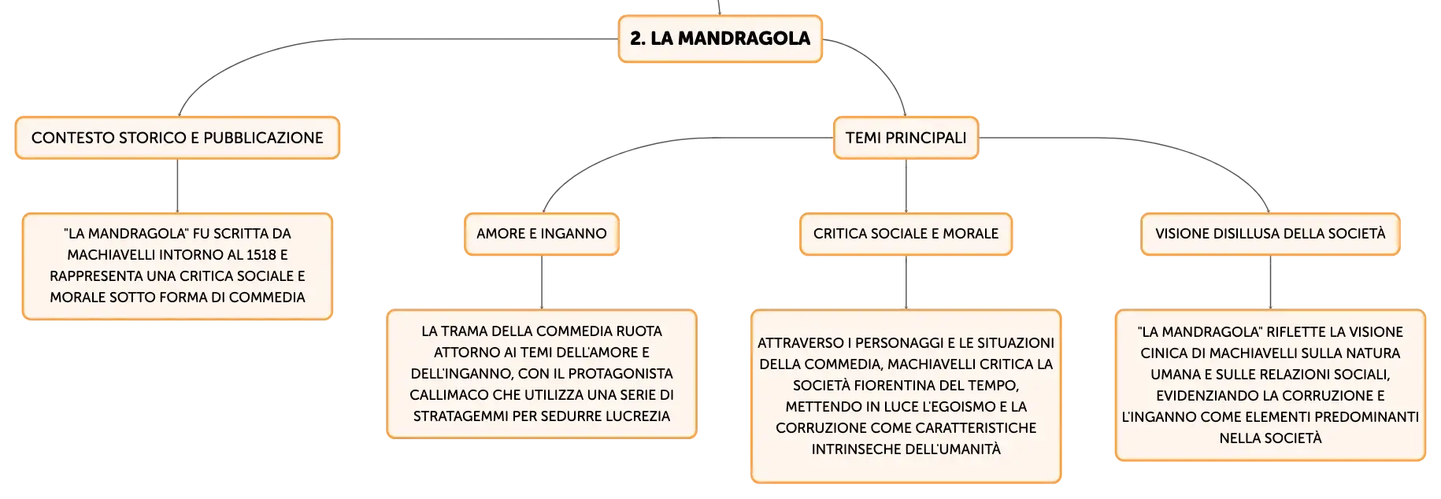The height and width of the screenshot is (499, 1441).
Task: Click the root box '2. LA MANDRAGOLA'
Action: (x=720, y=39)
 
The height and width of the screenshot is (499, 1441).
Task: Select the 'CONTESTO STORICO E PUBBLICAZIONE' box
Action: (x=177, y=138)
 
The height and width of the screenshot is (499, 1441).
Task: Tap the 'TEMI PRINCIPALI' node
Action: (x=906, y=138)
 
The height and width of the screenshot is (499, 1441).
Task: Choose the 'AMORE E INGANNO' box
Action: (x=542, y=234)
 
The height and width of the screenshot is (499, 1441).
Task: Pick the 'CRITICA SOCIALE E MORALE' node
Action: (x=906, y=234)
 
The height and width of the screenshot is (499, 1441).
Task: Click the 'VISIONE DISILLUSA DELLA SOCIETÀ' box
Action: (x=1270, y=234)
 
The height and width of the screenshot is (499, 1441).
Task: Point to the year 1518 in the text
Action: (x=261, y=255)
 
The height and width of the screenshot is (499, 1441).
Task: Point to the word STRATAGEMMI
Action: (x=461, y=416)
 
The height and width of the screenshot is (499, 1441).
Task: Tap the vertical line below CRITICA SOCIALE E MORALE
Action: (x=906, y=283)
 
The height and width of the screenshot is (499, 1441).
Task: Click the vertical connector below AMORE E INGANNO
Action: (x=542, y=283)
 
